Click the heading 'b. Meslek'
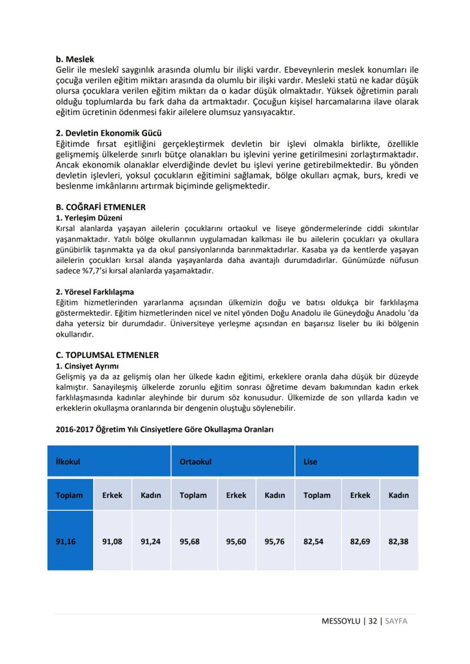point(75,59)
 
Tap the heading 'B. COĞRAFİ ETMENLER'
point(100,207)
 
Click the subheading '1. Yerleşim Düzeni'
point(89,217)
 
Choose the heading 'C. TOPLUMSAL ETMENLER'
point(107,355)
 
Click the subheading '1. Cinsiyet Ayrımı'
point(87,366)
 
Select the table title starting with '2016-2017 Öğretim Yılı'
point(165,430)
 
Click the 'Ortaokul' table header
point(195,461)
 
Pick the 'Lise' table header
point(310,461)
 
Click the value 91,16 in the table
point(66,541)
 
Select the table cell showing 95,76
point(275,541)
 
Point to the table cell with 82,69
point(360,541)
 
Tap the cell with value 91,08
point(112,541)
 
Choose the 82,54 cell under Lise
point(313,541)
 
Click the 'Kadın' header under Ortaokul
point(275,495)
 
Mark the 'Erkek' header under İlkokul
point(112,495)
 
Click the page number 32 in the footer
point(372,621)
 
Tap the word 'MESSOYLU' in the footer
point(342,621)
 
